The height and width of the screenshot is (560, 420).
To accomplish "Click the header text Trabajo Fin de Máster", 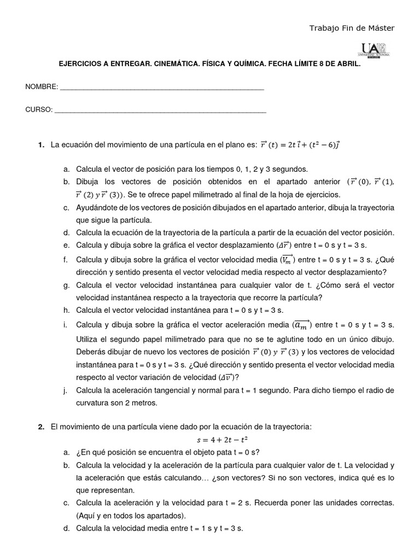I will [352, 28].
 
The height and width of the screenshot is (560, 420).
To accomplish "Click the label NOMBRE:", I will [42, 87].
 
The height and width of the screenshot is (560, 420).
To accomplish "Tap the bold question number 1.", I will [41, 145].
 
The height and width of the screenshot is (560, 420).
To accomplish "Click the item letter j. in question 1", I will [66, 390].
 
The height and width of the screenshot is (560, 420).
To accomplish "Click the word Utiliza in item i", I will [88, 339].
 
